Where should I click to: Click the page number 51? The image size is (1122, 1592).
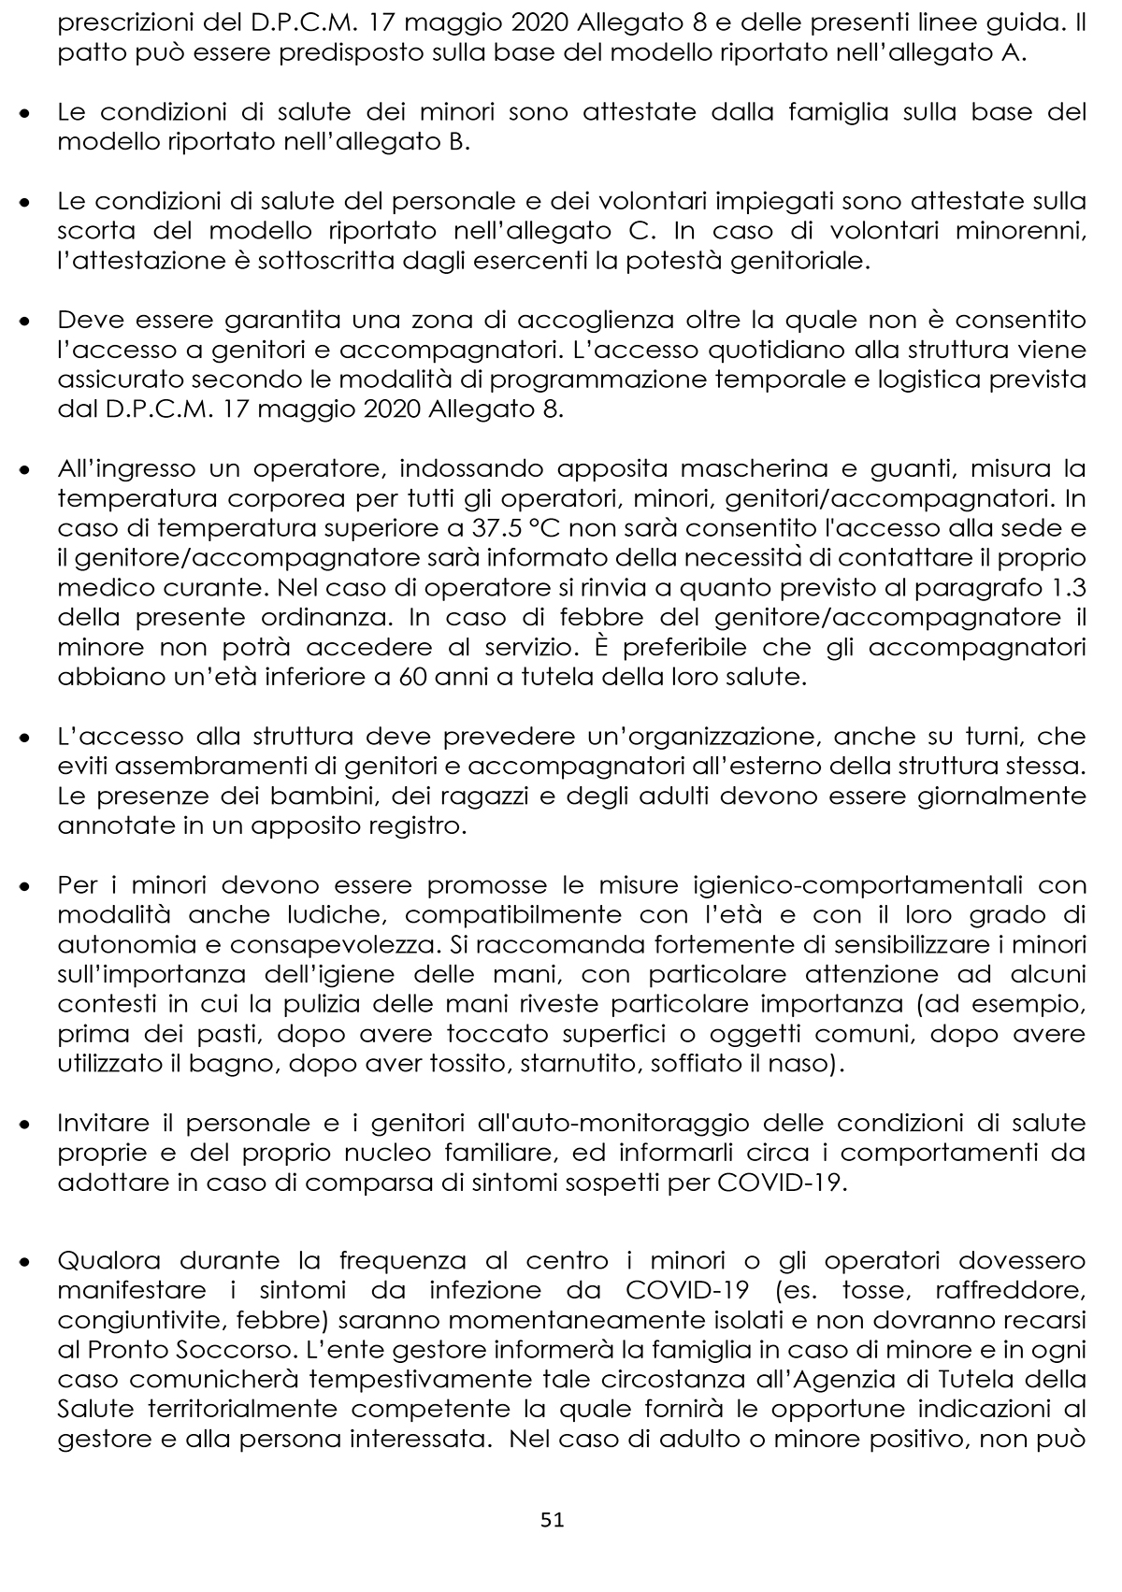(553, 1520)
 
